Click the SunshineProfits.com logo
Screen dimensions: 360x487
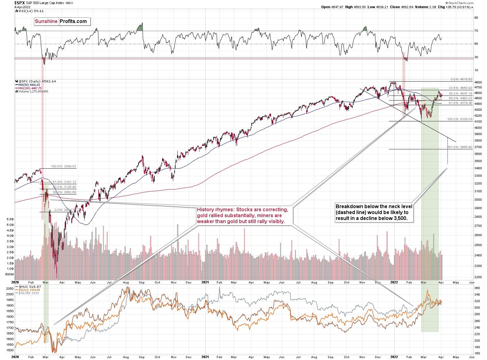(62, 21)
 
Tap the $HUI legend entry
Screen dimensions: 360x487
(30, 287)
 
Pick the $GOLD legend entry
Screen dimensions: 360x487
(29, 290)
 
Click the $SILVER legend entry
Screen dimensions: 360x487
(29, 293)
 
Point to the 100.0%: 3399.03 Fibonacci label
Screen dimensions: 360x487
(63, 166)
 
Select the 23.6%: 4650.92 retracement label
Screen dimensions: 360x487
(460, 88)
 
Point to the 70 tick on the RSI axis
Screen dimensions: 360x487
(476, 31)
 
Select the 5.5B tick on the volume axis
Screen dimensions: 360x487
(10, 219)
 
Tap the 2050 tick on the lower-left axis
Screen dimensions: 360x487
(10, 289)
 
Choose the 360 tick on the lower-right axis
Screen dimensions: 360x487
(476, 288)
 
